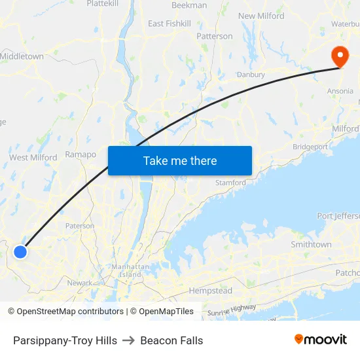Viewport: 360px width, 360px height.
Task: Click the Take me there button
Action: click(x=180, y=161)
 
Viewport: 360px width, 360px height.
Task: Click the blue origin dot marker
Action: click(x=20, y=251)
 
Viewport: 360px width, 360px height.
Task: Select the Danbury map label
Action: click(x=251, y=75)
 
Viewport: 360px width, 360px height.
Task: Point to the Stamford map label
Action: click(x=230, y=183)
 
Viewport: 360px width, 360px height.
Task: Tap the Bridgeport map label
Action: click(x=310, y=147)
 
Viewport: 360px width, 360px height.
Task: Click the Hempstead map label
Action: click(x=210, y=291)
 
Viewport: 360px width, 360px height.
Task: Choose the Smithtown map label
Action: click(x=311, y=244)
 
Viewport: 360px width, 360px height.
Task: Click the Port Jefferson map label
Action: click(x=338, y=216)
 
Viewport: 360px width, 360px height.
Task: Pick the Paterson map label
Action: click(x=80, y=226)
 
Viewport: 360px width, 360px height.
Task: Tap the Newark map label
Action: click(x=80, y=283)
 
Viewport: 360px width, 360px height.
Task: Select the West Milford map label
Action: click(x=33, y=157)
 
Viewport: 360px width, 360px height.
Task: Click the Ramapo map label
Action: click(x=81, y=154)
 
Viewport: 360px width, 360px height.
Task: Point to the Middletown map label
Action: click(x=22, y=56)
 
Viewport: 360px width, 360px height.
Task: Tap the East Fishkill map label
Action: click(x=170, y=24)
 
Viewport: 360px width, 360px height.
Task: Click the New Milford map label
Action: click(x=261, y=16)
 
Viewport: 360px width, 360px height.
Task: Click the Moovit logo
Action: click(x=321, y=340)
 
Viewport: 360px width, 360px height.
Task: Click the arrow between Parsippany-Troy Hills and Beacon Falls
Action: click(x=129, y=340)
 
